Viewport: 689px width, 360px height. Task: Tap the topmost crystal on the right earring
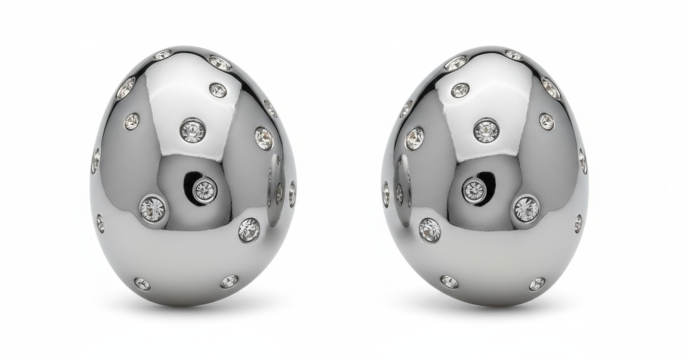[513, 55]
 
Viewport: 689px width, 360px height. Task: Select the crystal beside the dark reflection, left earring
[205, 189]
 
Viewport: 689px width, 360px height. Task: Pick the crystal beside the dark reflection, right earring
[474, 190]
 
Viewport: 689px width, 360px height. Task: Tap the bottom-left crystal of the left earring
[142, 284]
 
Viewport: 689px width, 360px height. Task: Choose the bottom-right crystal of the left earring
[229, 281]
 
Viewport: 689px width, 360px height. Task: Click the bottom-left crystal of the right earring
[449, 282]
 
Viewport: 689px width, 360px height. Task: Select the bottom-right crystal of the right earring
[537, 284]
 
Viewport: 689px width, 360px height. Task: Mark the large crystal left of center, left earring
[153, 209]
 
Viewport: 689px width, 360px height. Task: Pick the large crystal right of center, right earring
[526, 209]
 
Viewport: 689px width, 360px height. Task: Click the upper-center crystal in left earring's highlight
[193, 130]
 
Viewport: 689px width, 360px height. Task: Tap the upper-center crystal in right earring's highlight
[486, 130]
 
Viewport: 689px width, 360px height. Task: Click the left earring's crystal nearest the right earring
[292, 194]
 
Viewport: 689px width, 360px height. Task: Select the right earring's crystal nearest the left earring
[386, 194]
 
